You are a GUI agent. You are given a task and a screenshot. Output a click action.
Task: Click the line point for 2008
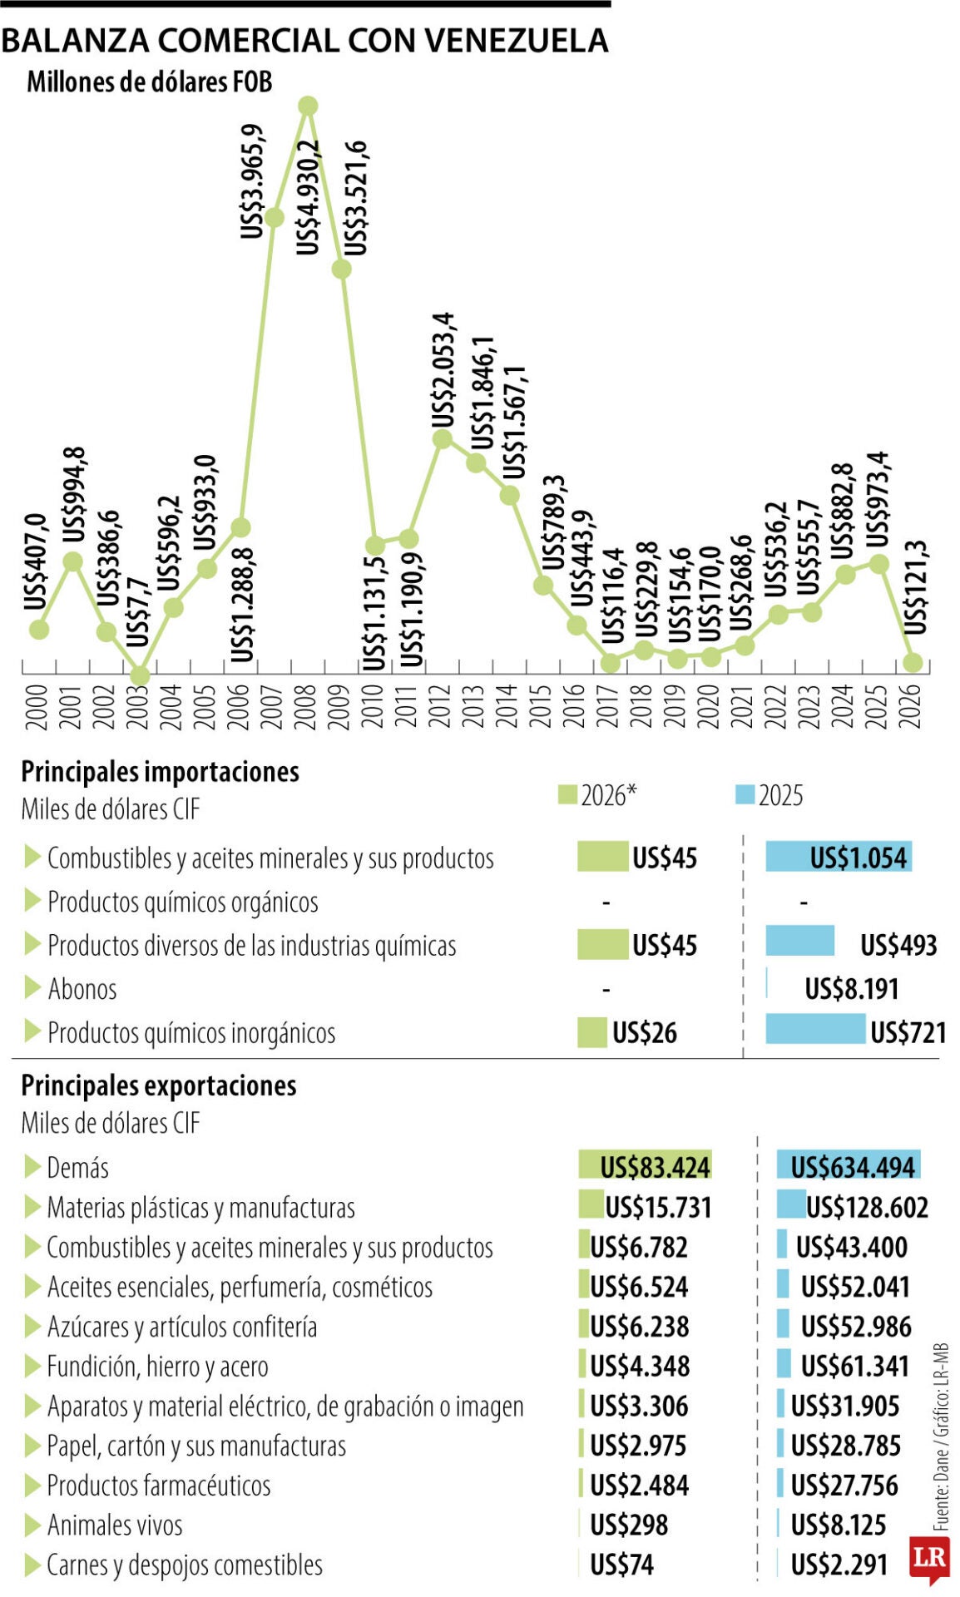[x=308, y=106]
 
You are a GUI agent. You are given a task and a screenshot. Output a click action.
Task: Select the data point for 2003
[x=140, y=675]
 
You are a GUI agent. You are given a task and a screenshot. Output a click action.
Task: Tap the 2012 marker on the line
[x=443, y=438]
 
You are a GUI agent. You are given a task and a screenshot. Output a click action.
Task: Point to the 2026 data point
[x=913, y=662]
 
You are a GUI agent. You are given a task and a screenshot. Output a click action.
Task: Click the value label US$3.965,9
[x=253, y=181]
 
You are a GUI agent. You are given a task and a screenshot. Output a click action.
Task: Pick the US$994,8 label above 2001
[x=74, y=494]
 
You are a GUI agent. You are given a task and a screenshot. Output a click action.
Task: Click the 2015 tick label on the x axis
[x=542, y=705]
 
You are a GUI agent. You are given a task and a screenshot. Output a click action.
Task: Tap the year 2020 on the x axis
[x=710, y=705]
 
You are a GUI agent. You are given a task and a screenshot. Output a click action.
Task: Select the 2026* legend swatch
[x=567, y=794]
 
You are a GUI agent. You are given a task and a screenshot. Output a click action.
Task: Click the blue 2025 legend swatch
[x=745, y=794]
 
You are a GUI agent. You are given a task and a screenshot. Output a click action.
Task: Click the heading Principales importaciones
[x=160, y=771]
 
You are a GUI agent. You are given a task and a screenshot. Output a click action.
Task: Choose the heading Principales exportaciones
[x=158, y=1085]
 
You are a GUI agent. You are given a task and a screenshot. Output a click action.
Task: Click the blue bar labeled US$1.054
[x=839, y=857]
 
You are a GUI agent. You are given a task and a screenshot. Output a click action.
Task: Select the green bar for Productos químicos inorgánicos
[x=592, y=1032]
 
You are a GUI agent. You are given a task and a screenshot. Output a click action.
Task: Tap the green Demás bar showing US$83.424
[x=646, y=1165]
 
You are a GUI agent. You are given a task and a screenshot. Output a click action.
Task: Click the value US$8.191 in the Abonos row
[x=852, y=988]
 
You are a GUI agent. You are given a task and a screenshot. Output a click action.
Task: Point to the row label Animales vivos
[x=115, y=1525]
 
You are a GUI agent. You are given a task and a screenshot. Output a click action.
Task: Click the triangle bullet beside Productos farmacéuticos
[x=32, y=1485]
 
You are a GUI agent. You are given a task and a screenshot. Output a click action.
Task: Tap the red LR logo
[x=929, y=1556]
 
